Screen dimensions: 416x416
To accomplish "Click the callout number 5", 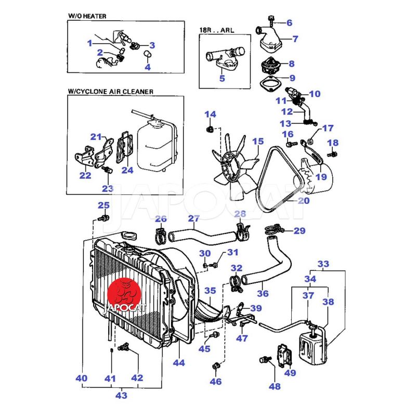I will click(222, 79).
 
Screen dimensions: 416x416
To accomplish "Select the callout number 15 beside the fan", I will click(258, 141).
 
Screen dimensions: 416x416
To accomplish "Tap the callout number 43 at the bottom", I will click(121, 395).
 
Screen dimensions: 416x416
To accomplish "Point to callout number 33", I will click(323, 264).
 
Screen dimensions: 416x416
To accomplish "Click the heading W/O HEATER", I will click(87, 16).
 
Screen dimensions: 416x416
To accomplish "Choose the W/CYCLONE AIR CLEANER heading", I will click(110, 91).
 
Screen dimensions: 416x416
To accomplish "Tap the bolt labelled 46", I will click(216, 368).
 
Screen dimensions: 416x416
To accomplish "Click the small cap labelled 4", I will click(147, 55).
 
